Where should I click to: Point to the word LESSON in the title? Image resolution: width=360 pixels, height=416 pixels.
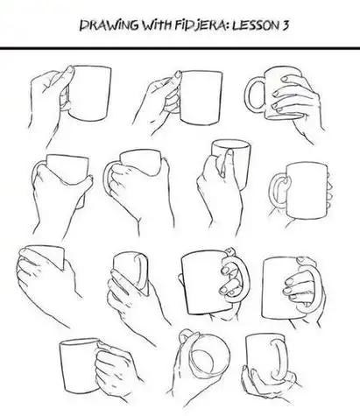point(256,25)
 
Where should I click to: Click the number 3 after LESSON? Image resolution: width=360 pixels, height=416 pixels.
point(285,25)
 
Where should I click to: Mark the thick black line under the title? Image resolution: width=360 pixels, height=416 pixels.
point(180,48)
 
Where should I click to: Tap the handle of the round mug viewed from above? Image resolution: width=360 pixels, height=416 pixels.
point(186,335)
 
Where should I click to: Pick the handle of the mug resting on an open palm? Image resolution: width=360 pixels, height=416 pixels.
point(279,359)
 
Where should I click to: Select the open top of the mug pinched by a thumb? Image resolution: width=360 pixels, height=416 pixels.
point(231,145)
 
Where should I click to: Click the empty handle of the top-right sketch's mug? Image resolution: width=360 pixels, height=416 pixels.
point(254,93)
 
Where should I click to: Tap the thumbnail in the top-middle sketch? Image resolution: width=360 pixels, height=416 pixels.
point(178,74)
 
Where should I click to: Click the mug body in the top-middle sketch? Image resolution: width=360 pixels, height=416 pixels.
point(201,98)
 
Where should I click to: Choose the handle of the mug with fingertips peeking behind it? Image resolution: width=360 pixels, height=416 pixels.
point(278,189)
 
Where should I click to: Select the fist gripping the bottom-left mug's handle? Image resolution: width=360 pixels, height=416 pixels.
point(116,370)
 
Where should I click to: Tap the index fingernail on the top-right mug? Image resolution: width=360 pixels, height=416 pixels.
point(285,79)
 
